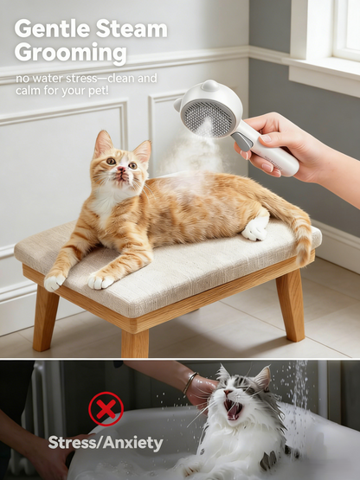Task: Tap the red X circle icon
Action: pyautogui.click(x=106, y=408)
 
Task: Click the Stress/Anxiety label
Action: pyautogui.click(x=105, y=443)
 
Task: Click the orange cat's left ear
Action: pyautogui.click(x=104, y=143)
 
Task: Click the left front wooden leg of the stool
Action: pyautogui.click(x=45, y=319)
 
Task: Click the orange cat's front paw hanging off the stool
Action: pyautogui.click(x=55, y=281)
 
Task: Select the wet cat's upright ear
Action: pyautogui.click(x=260, y=378)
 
